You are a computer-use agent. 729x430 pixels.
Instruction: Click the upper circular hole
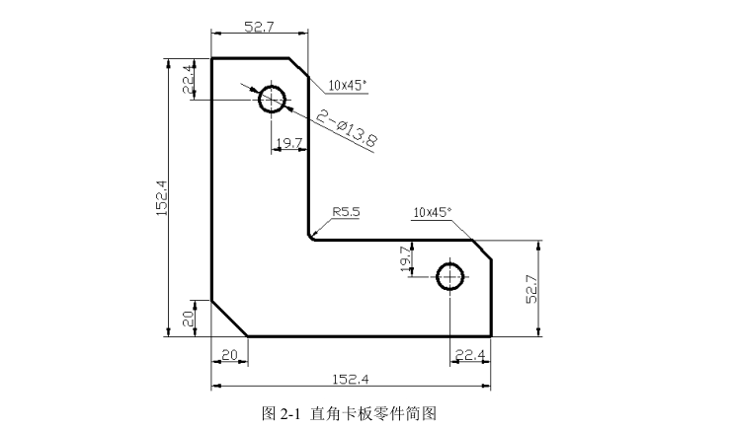pyautogui.click(x=272, y=99)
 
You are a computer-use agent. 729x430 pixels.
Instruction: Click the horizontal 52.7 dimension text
pyautogui.click(x=258, y=27)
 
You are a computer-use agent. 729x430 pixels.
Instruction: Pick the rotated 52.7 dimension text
pyautogui.click(x=530, y=288)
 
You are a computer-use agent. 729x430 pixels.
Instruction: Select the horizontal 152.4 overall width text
pyautogui.click(x=351, y=379)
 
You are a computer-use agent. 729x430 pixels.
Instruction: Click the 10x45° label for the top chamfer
pyautogui.click(x=348, y=85)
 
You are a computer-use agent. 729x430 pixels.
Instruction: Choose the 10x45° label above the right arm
pyautogui.click(x=432, y=211)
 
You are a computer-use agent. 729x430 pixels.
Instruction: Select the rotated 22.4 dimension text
pyautogui.click(x=188, y=80)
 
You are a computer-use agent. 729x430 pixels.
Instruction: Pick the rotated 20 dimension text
pyautogui.click(x=188, y=318)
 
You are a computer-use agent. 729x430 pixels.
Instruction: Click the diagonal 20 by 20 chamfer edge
pyautogui.click(x=229, y=318)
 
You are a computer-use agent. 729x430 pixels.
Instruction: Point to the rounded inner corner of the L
pyautogui.click(x=312, y=235)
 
